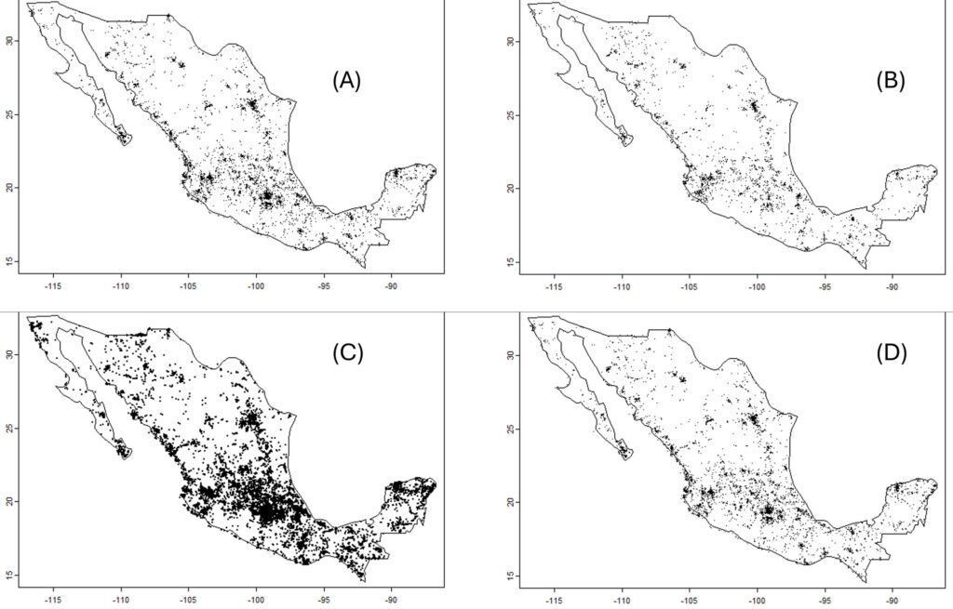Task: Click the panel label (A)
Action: pyautogui.click(x=346, y=81)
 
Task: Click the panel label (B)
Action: pyautogui.click(x=890, y=81)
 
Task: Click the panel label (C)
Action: pyautogui.click(x=346, y=353)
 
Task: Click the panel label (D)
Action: pyautogui.click(x=890, y=353)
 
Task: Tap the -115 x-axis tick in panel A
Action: pyautogui.click(x=51, y=286)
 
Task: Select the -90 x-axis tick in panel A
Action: pyautogui.click(x=391, y=286)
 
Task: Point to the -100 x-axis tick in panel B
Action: pyautogui.click(x=756, y=286)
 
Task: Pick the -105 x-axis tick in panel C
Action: pyautogui.click(x=187, y=602)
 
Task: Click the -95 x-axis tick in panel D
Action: pyautogui.click(x=824, y=602)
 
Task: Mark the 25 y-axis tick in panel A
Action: pyautogui.click(x=8, y=115)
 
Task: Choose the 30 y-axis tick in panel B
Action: pyautogui.click(x=511, y=42)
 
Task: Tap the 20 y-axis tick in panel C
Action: pyautogui.click(x=8, y=502)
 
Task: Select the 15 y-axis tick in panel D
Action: pyautogui.click(x=511, y=576)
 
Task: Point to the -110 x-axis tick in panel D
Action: pyautogui.click(x=621, y=602)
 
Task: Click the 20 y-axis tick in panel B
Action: pyautogui.click(x=511, y=188)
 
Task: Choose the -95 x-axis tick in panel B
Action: pyautogui.click(x=824, y=286)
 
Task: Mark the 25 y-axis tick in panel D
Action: pyautogui.click(x=511, y=430)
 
